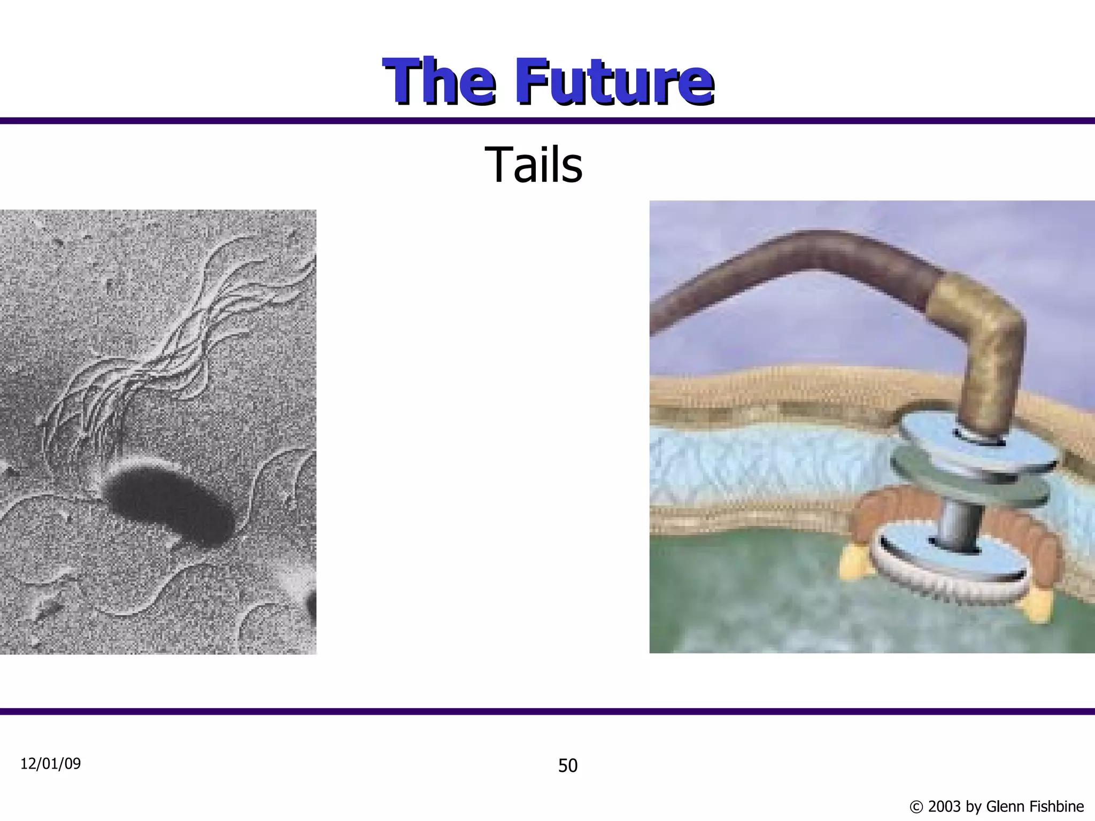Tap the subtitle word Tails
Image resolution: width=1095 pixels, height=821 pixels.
(x=533, y=165)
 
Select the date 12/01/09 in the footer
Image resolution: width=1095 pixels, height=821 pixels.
(x=50, y=764)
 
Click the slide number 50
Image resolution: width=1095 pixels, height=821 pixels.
(x=567, y=766)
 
